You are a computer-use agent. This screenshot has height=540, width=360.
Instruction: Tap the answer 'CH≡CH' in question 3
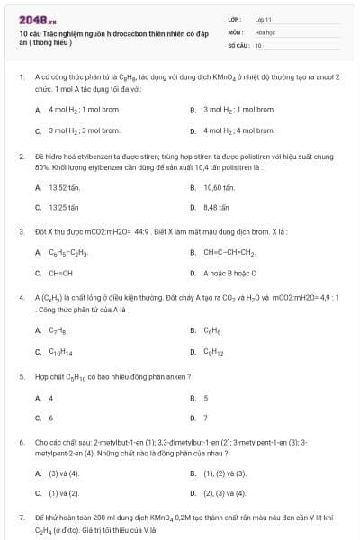coord(61,272)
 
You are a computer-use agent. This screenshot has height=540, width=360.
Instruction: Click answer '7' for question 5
coord(205,418)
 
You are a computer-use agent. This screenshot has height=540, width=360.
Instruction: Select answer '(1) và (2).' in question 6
coord(64,492)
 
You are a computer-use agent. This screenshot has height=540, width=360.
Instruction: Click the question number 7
coord(22,518)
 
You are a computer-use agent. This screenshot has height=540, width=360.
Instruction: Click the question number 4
coord(22,296)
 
